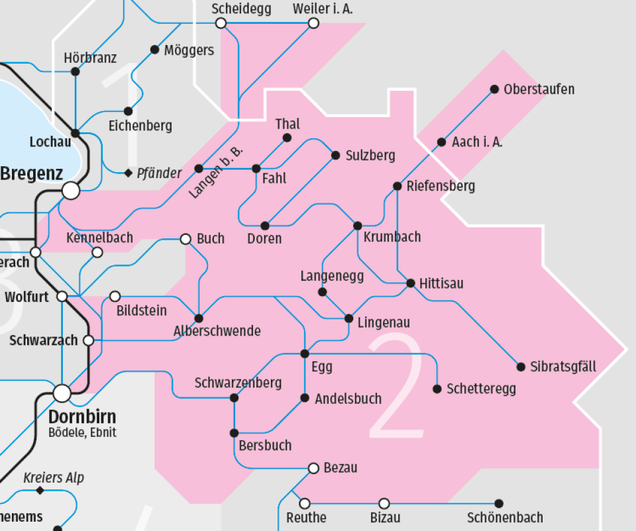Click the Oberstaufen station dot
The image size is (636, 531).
(494, 89)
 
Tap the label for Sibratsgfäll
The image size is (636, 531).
(563, 367)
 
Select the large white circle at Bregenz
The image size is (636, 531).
(71, 191)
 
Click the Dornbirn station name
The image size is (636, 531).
(82, 417)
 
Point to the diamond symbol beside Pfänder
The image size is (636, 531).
(129, 173)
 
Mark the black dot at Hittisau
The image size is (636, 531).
(411, 283)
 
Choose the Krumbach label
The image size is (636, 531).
(392, 237)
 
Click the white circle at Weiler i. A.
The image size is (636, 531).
(313, 23)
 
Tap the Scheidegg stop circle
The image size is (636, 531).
(221, 23)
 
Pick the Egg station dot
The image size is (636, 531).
(305, 354)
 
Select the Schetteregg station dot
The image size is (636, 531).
(437, 389)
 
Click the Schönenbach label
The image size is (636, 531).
(505, 518)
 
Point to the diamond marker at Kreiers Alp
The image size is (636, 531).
(40, 491)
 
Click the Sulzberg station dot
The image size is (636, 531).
(335, 156)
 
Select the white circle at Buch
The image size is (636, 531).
(185, 238)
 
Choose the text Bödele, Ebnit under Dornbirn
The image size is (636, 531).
(82, 433)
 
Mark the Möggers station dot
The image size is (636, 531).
(154, 50)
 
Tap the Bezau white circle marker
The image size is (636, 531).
(313, 469)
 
